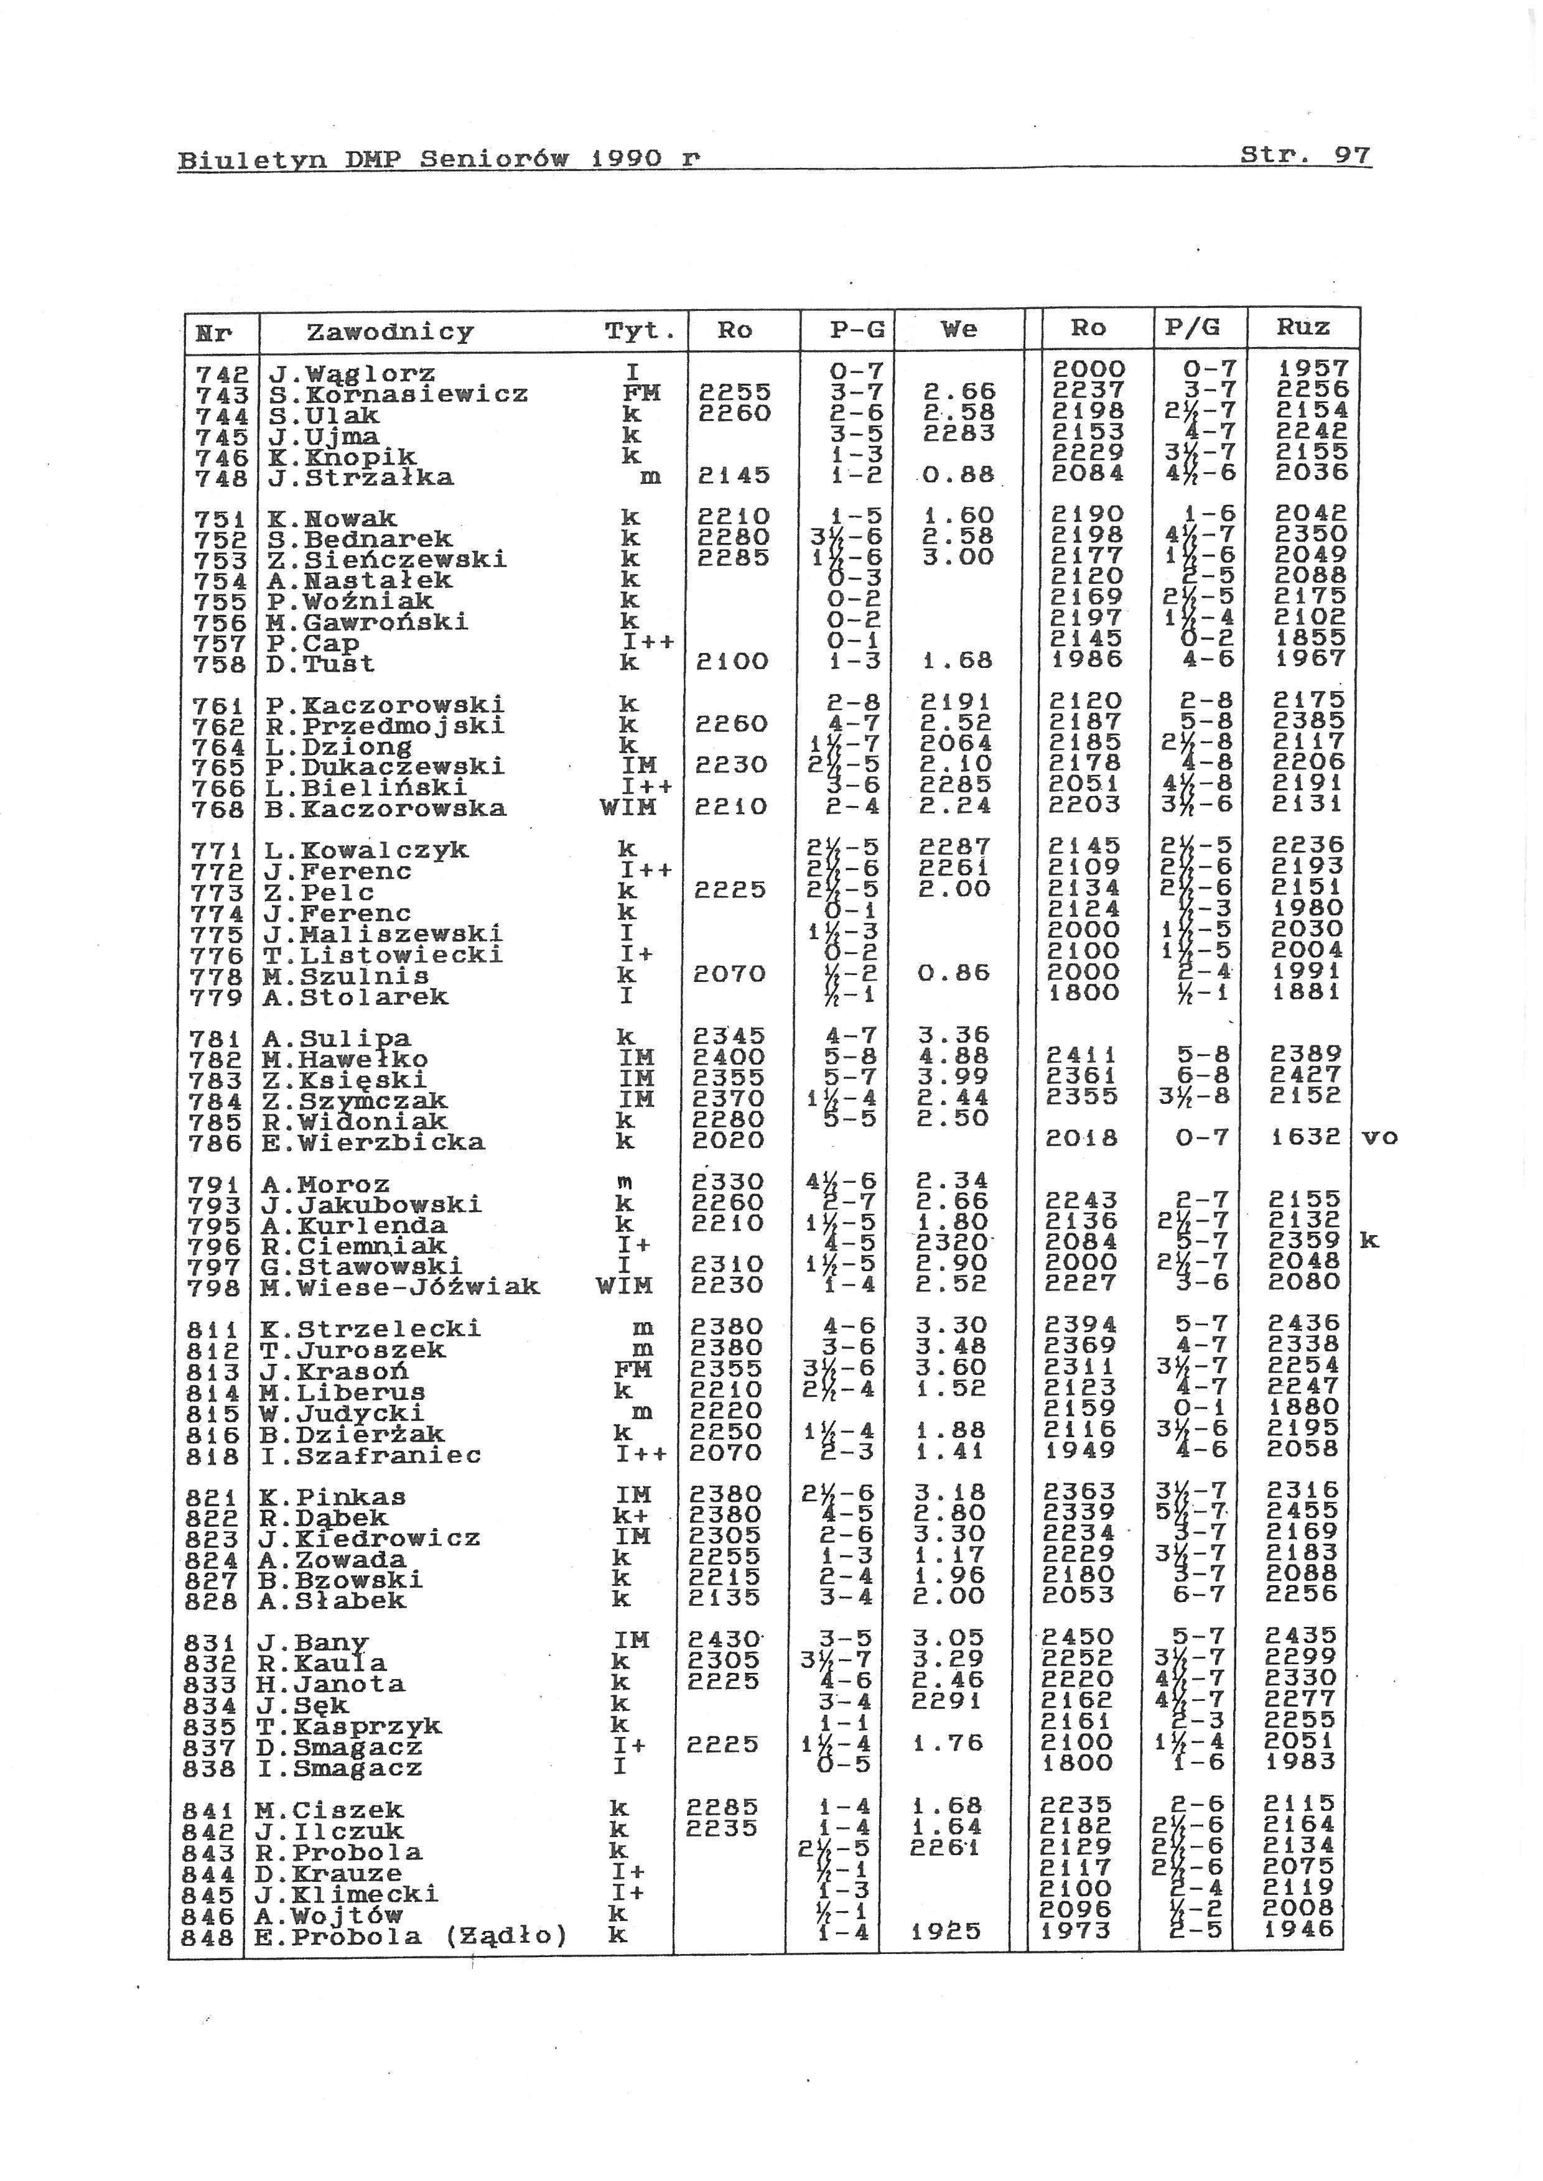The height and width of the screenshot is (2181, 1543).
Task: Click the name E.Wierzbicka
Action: (373, 1142)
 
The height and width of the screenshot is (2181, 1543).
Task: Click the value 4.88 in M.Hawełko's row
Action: (955, 1057)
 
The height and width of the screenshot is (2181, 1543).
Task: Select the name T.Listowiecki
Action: (383, 954)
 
